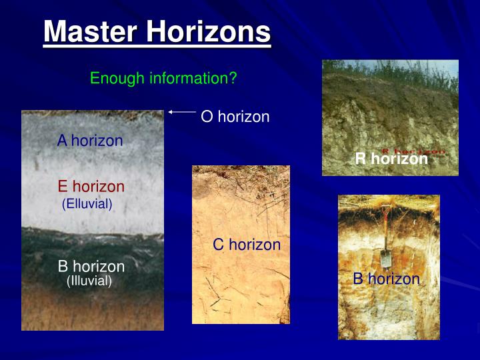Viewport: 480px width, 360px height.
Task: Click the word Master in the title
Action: pos(91,31)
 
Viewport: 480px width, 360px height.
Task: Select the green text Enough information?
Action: pos(163,79)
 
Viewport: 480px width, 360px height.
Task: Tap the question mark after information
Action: pos(233,79)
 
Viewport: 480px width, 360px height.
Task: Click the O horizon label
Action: pos(235,117)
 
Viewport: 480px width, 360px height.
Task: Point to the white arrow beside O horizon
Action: pos(181,112)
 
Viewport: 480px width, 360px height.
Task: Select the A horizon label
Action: pos(90,141)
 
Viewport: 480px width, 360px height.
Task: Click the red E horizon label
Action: pos(91,187)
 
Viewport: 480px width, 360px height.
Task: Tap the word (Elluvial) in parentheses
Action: pos(87,203)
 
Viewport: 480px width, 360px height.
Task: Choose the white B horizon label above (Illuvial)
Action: pos(91,267)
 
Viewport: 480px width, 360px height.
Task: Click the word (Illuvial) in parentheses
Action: pos(89,281)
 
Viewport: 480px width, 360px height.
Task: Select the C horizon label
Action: pos(247,245)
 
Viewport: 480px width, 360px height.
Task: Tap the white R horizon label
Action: pos(391,159)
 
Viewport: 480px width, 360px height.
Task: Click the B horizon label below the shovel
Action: pos(387,279)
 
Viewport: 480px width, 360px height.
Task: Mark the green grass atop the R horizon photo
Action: pos(390,67)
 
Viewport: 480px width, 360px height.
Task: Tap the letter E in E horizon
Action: pos(63,187)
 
